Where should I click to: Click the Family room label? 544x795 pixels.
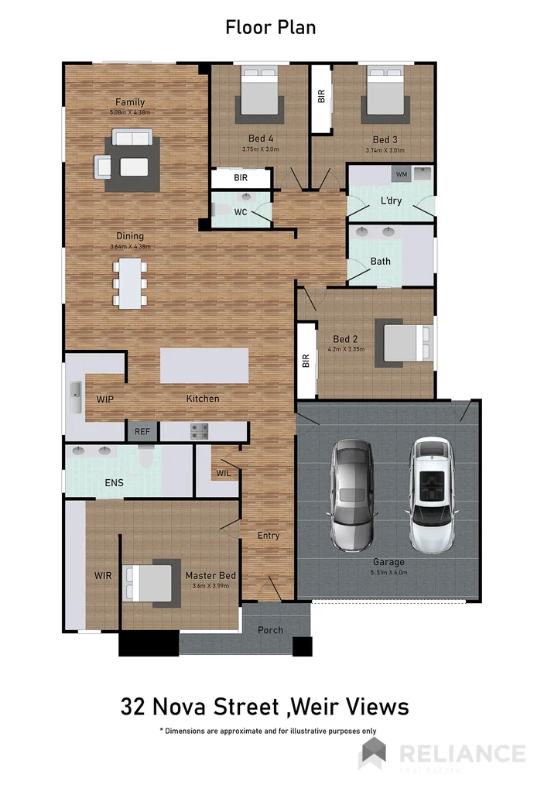(130, 102)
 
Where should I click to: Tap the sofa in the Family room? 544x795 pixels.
(132, 137)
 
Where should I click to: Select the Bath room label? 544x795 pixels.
(380, 261)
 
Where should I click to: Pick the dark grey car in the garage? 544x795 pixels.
(353, 495)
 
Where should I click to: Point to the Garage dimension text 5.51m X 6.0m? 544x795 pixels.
(388, 573)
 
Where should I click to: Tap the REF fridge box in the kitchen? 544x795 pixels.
(142, 432)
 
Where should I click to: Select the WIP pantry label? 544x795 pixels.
(106, 399)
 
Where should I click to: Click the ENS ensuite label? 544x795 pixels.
(113, 483)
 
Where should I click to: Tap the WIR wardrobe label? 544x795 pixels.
(103, 576)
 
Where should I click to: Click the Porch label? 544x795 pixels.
(270, 630)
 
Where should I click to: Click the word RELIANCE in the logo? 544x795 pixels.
(462, 752)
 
